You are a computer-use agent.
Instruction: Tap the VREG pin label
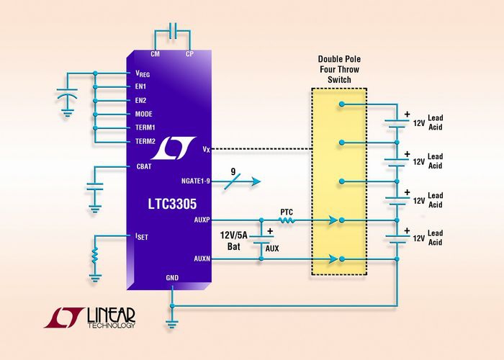pyautogui.click(x=142, y=73)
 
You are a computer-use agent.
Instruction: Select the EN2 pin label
pyautogui.click(x=140, y=100)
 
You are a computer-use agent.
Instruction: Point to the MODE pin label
pyautogui.click(x=143, y=114)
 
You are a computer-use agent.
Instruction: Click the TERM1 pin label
pyautogui.click(x=145, y=127)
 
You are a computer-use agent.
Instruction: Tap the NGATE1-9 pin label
pyautogui.click(x=190, y=181)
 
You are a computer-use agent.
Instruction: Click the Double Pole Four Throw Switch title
pyautogui.click(x=337, y=69)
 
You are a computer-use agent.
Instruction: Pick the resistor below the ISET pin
pyautogui.click(x=94, y=255)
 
